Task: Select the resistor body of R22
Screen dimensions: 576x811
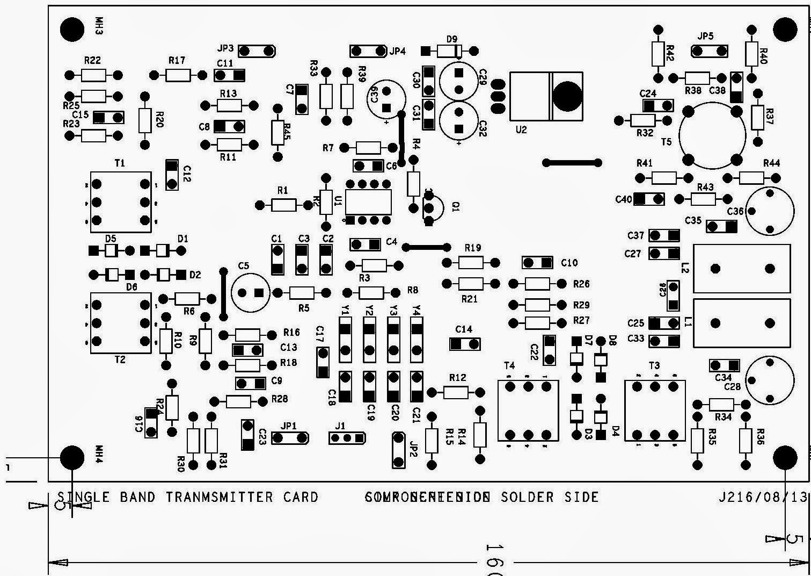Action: coord(94,75)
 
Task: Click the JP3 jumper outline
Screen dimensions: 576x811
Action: coord(257,51)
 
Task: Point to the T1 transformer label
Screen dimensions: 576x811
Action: coord(120,163)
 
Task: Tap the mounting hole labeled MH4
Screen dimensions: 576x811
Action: coord(72,457)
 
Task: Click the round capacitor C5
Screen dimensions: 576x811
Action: coord(250,292)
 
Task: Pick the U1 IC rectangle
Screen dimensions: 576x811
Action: coord(368,202)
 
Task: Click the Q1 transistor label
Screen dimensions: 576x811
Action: coord(456,206)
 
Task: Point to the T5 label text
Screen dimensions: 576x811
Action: coord(666,142)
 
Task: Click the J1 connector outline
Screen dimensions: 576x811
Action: coord(347,438)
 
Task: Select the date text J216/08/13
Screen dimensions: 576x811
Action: coord(763,497)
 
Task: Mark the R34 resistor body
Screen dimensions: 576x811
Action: coord(721,404)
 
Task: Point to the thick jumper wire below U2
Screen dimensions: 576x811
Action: coord(572,162)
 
